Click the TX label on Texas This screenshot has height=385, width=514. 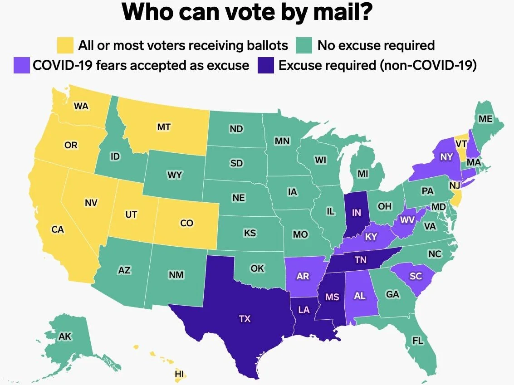[x=245, y=319]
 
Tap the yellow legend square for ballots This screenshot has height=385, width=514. [x=65, y=45]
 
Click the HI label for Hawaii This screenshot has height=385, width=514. [x=180, y=374]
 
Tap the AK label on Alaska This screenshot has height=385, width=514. [x=65, y=336]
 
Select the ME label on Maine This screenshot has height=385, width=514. [x=485, y=119]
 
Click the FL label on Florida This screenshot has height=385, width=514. [x=417, y=340]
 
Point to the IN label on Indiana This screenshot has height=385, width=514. [x=356, y=213]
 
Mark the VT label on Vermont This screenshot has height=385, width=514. [x=461, y=143]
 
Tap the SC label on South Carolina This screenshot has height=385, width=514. [x=415, y=276]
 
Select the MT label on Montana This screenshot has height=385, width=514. [x=164, y=127]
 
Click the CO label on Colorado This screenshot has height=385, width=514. [x=186, y=223]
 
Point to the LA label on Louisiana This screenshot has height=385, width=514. [x=304, y=310]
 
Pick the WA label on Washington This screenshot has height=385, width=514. [x=81, y=106]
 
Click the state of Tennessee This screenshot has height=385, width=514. [x=361, y=260]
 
